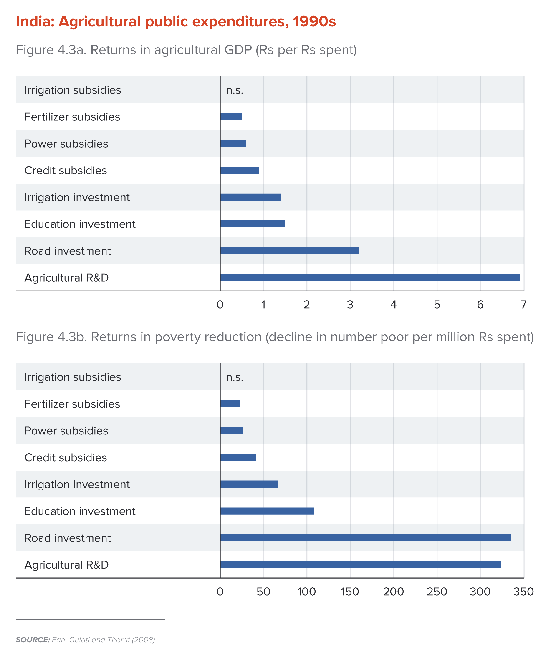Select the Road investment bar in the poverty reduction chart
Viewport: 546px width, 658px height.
(x=365, y=538)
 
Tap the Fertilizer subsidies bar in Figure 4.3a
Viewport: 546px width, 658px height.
(x=231, y=117)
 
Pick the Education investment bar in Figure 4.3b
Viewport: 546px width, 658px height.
(x=267, y=511)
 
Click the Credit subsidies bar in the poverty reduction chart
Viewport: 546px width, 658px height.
(x=238, y=457)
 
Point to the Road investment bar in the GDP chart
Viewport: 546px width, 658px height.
(x=289, y=251)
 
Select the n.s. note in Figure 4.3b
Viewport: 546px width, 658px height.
(x=235, y=377)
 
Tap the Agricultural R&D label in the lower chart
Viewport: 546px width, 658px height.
(x=66, y=565)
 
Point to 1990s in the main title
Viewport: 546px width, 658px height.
(x=314, y=22)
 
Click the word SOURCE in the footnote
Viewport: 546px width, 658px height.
(x=33, y=640)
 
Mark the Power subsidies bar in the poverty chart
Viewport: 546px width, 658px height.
(x=231, y=431)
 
